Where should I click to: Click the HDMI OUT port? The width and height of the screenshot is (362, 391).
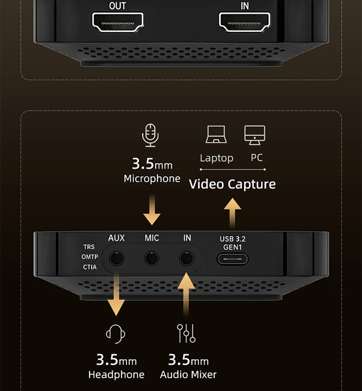click(118, 23)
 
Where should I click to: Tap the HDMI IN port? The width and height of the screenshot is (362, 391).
click(244, 23)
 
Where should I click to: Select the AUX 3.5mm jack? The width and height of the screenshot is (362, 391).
click(116, 258)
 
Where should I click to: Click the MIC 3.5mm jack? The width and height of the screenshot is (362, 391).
click(151, 258)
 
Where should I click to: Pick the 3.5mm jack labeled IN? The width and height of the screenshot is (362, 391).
click(186, 258)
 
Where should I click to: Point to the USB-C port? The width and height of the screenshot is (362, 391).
click(232, 259)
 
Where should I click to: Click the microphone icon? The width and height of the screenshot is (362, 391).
click(150, 135)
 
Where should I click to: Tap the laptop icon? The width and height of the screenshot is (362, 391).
click(216, 134)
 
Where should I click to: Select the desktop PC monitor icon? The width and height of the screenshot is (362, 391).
click(255, 135)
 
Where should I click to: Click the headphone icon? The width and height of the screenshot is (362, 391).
click(116, 334)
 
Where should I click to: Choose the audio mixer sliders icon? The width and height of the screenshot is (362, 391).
click(186, 333)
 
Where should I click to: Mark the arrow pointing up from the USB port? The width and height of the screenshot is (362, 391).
click(232, 213)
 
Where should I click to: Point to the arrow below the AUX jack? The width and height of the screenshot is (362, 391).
click(116, 294)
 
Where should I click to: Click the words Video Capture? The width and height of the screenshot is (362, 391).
click(232, 184)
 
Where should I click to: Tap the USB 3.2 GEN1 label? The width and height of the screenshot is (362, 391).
click(232, 243)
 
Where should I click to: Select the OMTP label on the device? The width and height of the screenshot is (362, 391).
click(90, 257)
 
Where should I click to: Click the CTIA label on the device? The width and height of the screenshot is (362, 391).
click(90, 267)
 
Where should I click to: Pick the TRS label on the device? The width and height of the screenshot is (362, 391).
click(89, 247)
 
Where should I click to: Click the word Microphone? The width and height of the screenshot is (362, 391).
click(152, 179)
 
